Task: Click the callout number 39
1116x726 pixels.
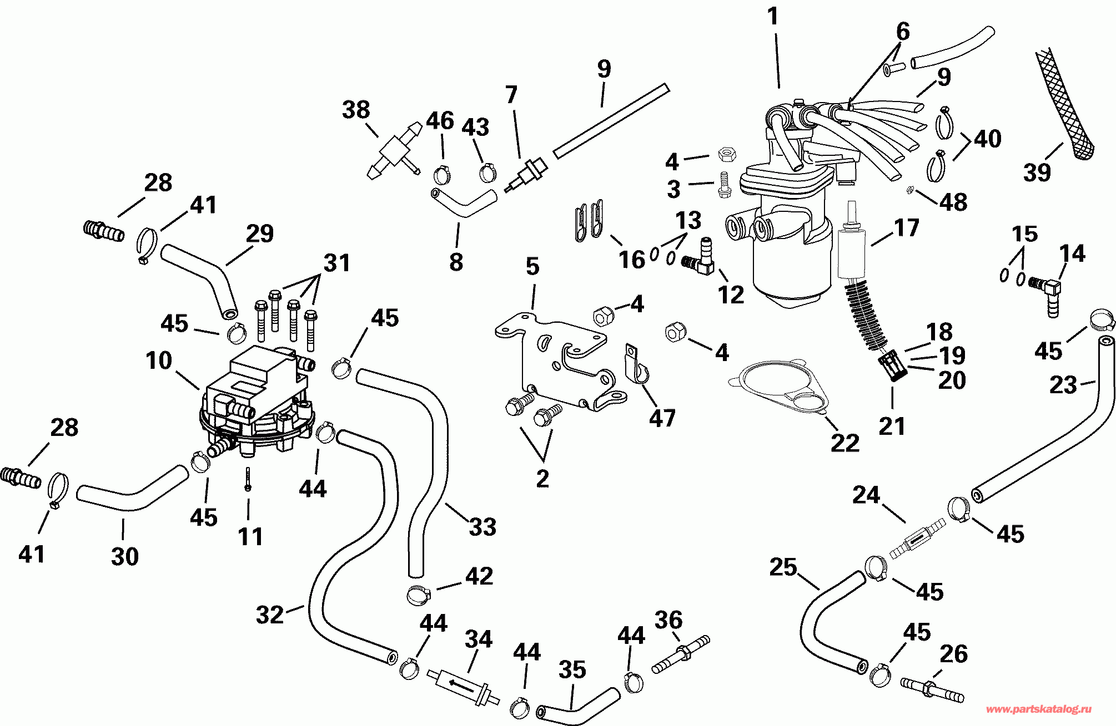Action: tap(1037, 172)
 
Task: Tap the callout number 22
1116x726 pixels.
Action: tap(845, 443)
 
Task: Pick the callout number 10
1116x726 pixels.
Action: tap(159, 361)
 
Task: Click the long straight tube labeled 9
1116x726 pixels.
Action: tap(611, 120)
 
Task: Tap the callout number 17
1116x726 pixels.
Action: tap(907, 228)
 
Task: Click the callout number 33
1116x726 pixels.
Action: tap(482, 527)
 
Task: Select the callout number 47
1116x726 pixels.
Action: tap(662, 418)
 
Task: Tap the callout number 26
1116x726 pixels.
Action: tap(954, 654)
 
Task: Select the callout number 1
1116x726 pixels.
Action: tap(773, 17)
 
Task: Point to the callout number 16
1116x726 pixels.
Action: tap(632, 260)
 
